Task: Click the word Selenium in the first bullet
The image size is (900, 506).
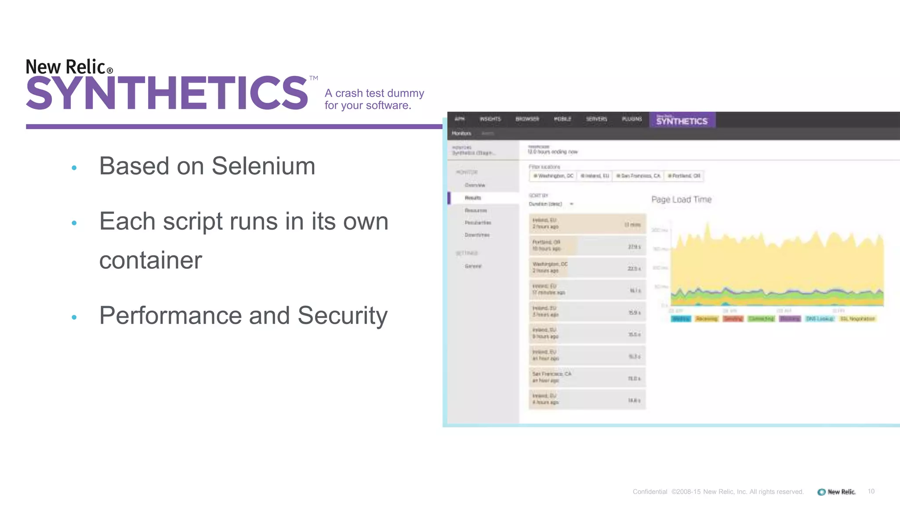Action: (x=263, y=166)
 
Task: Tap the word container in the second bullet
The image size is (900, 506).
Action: (x=150, y=260)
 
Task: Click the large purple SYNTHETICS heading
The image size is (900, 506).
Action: (x=167, y=93)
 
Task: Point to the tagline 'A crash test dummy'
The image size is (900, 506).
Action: (x=374, y=93)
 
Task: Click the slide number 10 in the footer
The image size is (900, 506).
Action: (x=871, y=492)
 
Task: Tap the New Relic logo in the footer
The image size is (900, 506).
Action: (x=836, y=492)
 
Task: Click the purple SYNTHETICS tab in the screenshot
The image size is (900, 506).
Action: (x=682, y=120)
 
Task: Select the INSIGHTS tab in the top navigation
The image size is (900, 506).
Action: (x=490, y=119)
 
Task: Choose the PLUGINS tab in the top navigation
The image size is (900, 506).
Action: (x=631, y=119)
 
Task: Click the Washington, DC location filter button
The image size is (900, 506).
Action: (x=553, y=176)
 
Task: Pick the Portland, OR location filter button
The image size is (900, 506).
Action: (x=684, y=176)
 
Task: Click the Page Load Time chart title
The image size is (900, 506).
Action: (x=681, y=199)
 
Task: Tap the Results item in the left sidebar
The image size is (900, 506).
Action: (x=473, y=198)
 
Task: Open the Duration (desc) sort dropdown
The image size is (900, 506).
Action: (x=551, y=204)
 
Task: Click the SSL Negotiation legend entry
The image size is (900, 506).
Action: (x=857, y=319)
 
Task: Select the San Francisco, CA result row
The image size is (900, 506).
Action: (x=587, y=377)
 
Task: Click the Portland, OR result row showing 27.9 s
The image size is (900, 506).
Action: (x=587, y=246)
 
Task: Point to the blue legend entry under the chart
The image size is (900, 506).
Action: (x=681, y=319)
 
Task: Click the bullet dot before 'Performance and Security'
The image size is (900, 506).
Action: (x=74, y=317)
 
